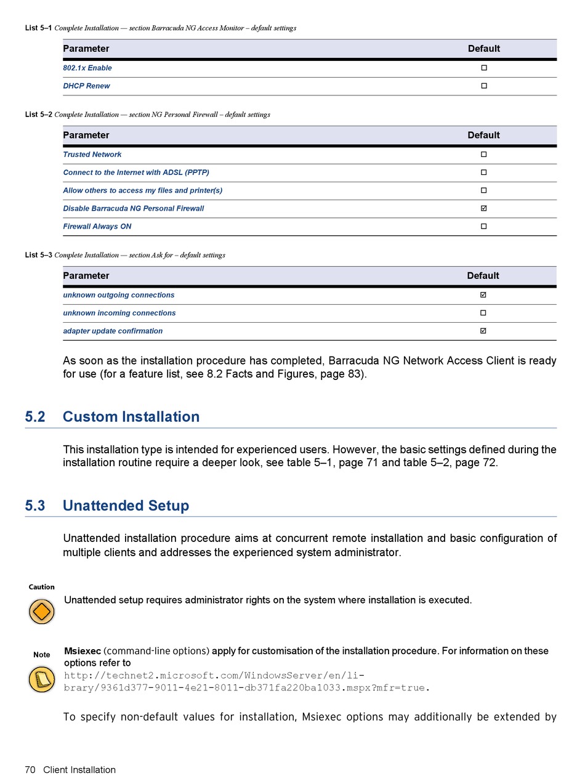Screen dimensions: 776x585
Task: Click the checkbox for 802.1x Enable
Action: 484,68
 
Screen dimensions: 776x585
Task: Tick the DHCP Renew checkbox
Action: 484,86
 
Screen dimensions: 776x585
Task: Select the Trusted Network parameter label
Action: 92,155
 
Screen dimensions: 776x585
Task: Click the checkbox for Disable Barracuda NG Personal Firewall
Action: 483,208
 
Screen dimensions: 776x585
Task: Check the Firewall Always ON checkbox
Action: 483,226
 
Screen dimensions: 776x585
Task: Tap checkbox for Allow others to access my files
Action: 483,190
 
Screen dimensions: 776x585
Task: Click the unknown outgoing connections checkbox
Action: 483,295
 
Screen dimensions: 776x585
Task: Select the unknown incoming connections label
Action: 119,313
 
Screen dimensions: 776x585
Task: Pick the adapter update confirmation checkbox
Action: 483,331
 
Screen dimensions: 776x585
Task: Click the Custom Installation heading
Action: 131,417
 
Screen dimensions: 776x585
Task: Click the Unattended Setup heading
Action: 126,506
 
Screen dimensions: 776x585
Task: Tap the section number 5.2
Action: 35,417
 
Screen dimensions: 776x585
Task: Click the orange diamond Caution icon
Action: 42,612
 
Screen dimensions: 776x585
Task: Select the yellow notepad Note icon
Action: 42,679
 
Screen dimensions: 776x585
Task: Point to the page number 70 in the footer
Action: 30,769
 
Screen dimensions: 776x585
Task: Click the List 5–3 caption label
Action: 38,255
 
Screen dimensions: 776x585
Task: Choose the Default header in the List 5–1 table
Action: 484,49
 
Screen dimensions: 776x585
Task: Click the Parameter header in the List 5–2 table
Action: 86,135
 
